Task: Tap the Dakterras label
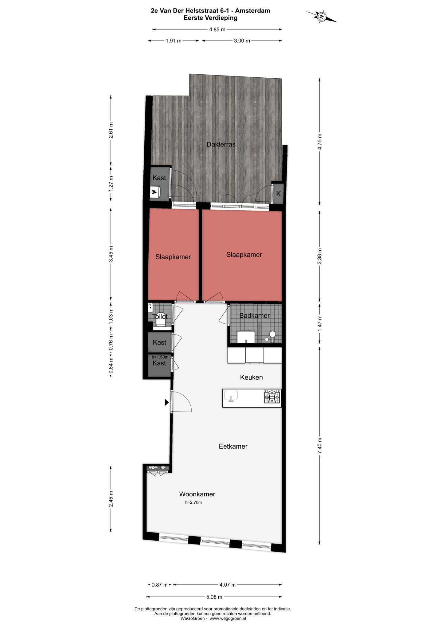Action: click(221, 144)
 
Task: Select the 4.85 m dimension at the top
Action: click(217, 29)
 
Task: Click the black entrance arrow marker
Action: click(167, 402)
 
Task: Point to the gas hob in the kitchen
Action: click(272, 397)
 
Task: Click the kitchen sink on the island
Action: click(231, 396)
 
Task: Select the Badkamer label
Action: click(255, 315)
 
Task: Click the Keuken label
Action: click(252, 377)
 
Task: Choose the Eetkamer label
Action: click(233, 446)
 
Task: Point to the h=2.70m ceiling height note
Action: click(193, 502)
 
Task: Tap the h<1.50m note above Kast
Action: click(160, 357)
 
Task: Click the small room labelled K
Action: click(278, 193)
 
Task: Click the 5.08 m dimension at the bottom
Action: click(214, 597)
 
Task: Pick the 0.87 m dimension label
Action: click(159, 585)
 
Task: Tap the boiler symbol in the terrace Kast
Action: click(155, 193)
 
